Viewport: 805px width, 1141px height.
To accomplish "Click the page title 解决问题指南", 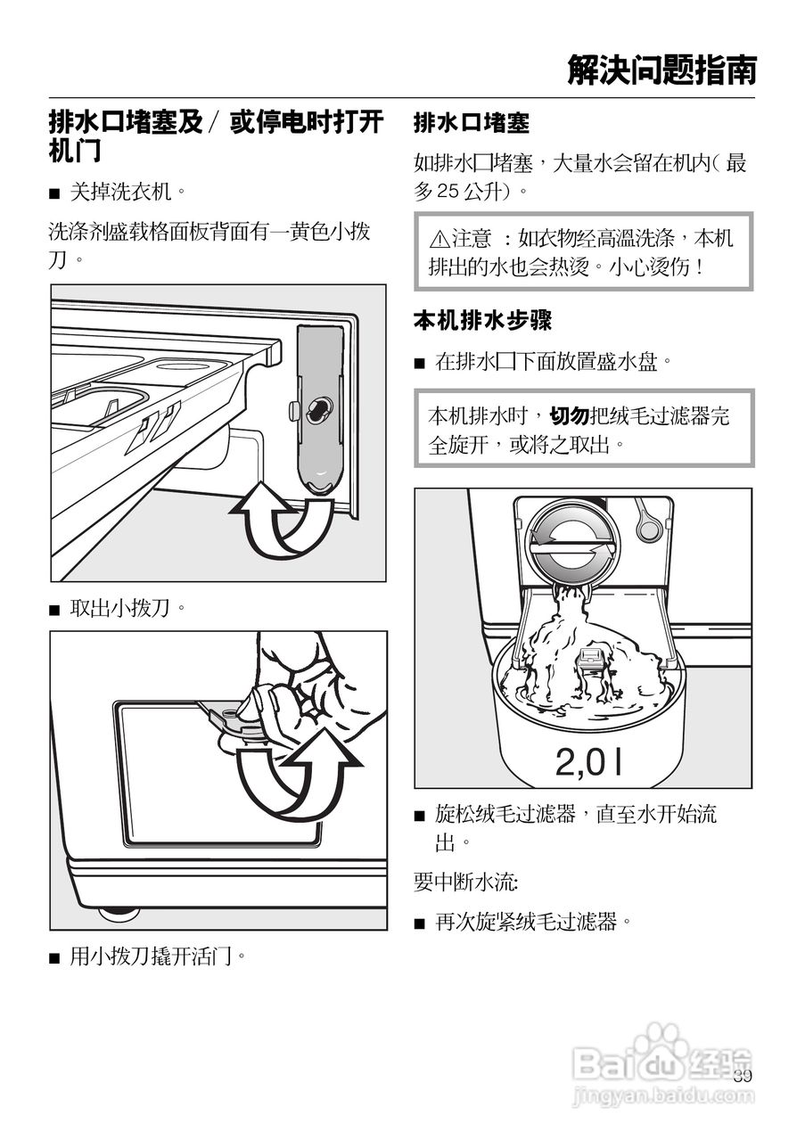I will click(661, 70).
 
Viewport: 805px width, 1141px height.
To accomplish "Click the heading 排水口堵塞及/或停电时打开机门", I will click(215, 136).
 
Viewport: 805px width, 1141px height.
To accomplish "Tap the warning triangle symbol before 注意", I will click(439, 240).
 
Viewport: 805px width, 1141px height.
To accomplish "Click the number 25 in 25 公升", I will click(448, 191).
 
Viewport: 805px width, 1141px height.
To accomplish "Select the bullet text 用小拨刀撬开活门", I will click(157, 956).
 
